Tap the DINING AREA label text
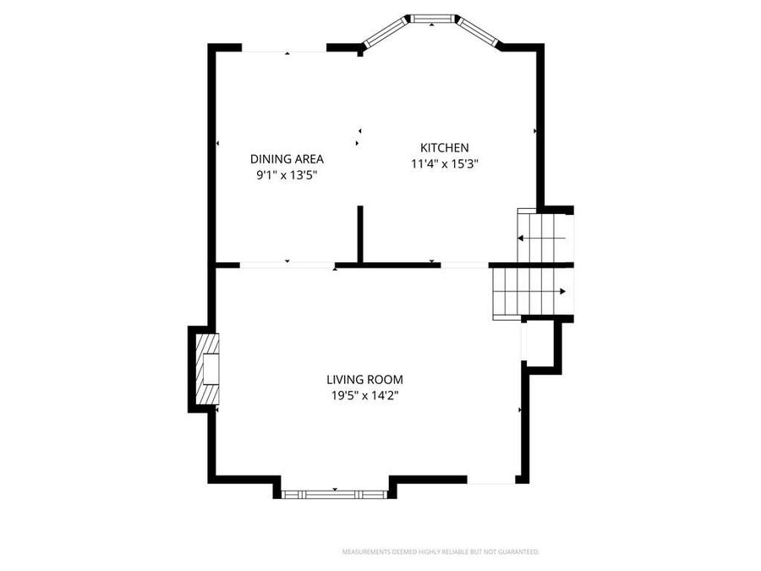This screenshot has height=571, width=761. point(287,158)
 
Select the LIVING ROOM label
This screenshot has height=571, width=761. point(364,380)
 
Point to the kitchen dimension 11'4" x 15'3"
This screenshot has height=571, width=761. point(445,164)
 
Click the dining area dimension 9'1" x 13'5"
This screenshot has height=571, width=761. point(287,175)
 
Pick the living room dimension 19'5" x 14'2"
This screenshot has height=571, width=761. point(364,396)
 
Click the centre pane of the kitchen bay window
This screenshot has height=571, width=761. point(431,19)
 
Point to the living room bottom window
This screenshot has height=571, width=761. point(335,492)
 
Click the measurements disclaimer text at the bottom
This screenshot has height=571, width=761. point(440,552)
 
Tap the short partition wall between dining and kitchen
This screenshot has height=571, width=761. point(360,234)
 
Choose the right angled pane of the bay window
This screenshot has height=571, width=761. point(478,31)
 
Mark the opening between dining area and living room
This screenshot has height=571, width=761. point(287,266)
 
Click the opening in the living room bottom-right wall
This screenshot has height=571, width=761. point(491,481)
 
